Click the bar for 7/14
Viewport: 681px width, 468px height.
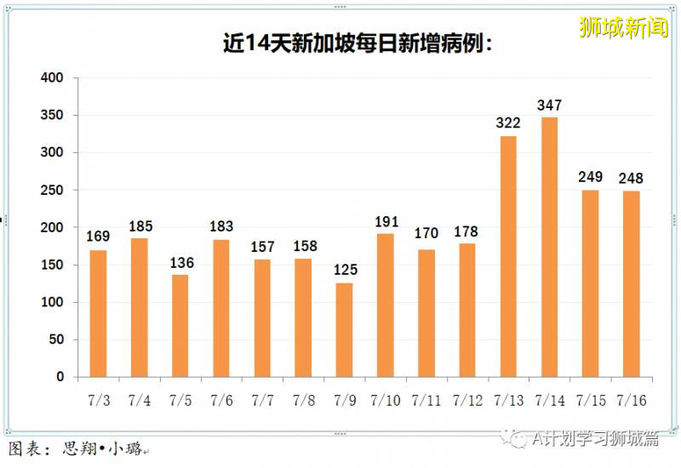click(x=549, y=247)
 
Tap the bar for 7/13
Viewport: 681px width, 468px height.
click(x=508, y=256)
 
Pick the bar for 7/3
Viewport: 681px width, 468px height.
click(x=98, y=313)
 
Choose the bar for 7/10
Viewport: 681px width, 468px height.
click(x=386, y=305)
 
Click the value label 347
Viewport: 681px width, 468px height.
click(x=549, y=106)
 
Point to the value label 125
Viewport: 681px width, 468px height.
click(x=344, y=271)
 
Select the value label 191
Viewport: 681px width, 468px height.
click(x=386, y=221)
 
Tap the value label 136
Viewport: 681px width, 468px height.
click(x=180, y=263)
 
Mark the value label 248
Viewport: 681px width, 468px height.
click(x=631, y=179)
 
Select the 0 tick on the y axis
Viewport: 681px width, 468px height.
click(x=60, y=377)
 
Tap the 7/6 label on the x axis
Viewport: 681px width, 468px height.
click(x=221, y=400)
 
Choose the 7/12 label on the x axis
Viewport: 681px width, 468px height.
click(x=467, y=400)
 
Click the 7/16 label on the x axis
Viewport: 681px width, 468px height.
click(x=631, y=400)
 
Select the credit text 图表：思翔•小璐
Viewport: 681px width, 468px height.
click(x=77, y=448)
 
